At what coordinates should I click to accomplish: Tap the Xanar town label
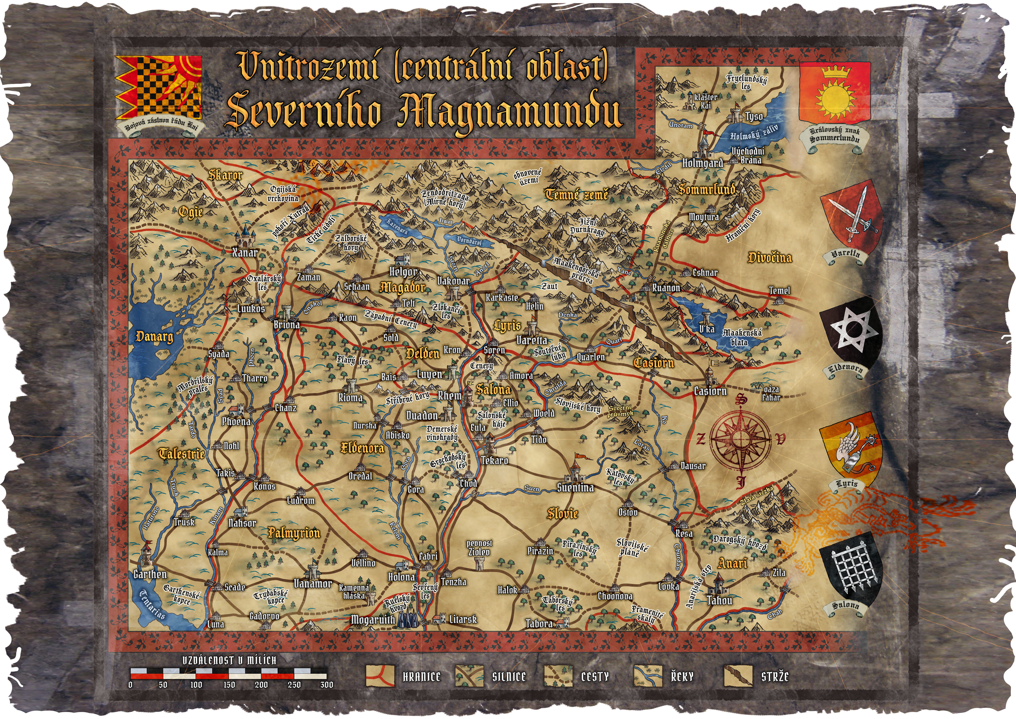coord(245,253)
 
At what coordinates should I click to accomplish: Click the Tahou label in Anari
coord(719,600)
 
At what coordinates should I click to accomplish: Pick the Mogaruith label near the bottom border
coord(373,619)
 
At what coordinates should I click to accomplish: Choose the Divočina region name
coord(769,258)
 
